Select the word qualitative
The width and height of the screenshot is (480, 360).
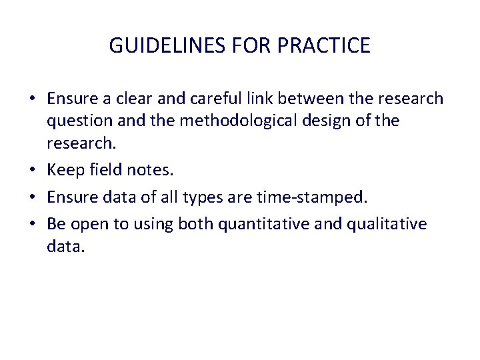coord(389,223)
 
